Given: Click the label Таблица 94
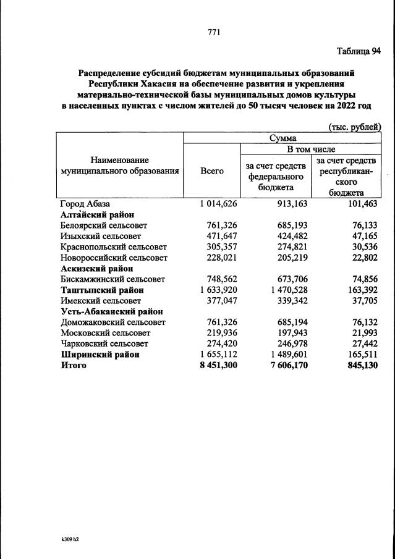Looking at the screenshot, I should (x=359, y=51).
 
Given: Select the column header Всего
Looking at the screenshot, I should (x=212, y=171).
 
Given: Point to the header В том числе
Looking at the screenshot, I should (x=310, y=149).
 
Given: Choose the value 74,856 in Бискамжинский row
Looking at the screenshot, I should (x=362, y=279).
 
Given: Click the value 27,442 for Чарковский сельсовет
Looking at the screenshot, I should (x=362, y=344).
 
